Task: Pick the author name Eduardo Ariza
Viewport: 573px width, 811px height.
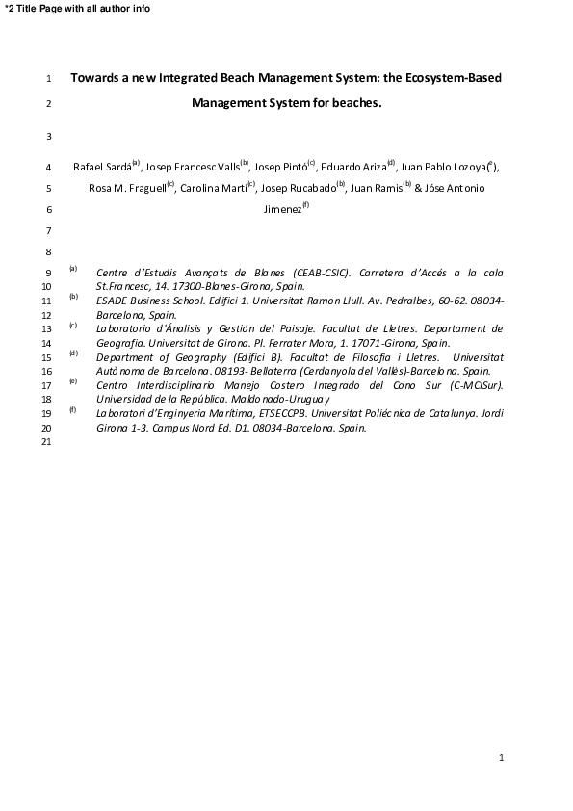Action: [x=351, y=167]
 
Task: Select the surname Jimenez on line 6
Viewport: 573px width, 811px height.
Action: [x=282, y=209]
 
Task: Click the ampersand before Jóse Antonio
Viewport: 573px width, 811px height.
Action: [x=419, y=188]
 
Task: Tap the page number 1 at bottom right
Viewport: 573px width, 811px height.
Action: [x=502, y=759]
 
